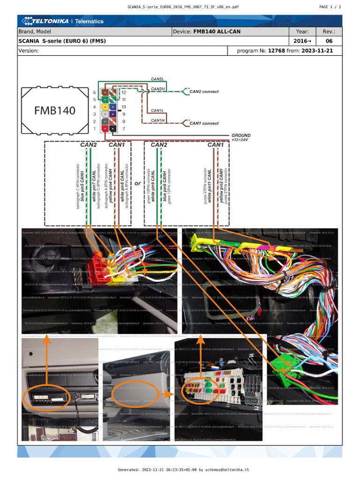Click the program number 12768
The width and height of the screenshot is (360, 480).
point(277,51)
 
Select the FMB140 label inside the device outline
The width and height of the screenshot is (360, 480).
point(54,111)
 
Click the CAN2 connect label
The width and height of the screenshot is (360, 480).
point(204,91)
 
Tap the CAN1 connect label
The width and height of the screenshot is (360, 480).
point(204,123)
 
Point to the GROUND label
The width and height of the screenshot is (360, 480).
point(241,135)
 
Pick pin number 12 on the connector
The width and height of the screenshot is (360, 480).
point(124,92)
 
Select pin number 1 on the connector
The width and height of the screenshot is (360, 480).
point(95,128)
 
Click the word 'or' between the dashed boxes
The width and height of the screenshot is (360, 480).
point(137,184)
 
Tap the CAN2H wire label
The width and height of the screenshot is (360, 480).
point(157,89)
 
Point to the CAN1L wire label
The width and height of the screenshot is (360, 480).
point(157,111)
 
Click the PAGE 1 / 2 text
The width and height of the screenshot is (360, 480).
point(330,7)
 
